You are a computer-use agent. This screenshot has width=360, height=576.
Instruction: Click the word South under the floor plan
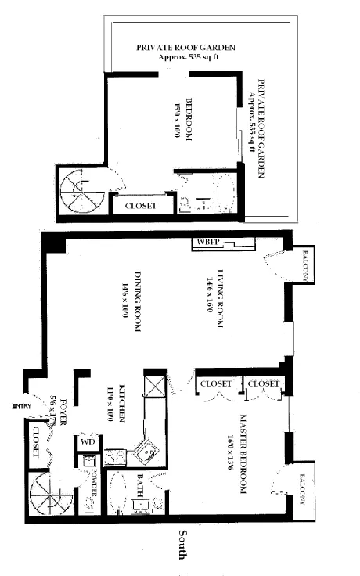[181, 545]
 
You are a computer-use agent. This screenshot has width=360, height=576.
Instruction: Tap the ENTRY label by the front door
[20, 405]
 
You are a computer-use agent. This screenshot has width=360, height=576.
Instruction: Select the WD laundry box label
[85, 442]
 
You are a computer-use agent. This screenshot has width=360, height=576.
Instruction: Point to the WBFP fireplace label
[207, 241]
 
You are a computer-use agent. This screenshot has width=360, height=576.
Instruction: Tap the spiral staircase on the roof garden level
[78, 192]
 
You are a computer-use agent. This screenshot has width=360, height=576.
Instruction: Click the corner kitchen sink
[146, 449]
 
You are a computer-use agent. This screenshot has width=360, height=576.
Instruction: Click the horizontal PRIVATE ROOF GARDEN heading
[186, 47]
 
